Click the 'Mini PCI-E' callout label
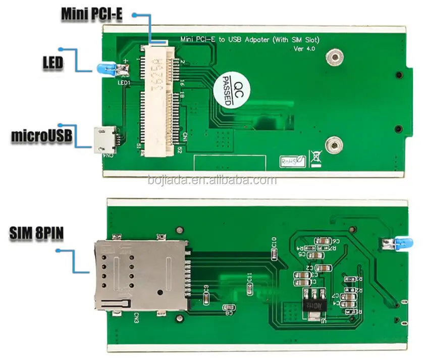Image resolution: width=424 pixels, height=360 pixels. [x=91, y=14]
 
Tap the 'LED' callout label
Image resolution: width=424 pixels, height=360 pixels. [x=52, y=63]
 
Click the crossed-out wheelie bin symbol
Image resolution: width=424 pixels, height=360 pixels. [x=316, y=158]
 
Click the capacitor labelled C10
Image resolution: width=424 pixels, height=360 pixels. [x=274, y=253]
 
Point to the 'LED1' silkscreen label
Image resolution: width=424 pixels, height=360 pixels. [x=124, y=82]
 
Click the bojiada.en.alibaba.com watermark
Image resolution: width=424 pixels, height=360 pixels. [x=211, y=180]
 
